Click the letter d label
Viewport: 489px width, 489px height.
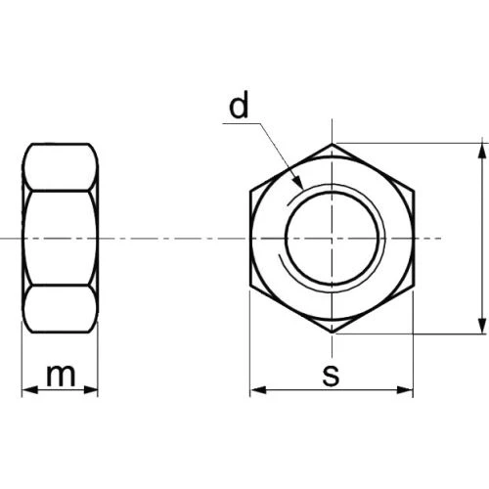coord(239,104)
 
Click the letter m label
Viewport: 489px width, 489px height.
coord(61,376)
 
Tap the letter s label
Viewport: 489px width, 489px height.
coord(331,376)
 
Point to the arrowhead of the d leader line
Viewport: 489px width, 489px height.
coord(299,183)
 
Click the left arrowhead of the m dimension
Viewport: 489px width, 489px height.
coord(29,389)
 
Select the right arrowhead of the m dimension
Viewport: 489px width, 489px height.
coord(90,389)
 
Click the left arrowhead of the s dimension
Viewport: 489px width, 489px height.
coord(258,389)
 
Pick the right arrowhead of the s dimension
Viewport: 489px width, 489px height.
coord(405,389)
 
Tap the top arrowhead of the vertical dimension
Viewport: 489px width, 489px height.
coord(482,152)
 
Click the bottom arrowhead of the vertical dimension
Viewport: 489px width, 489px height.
coord(482,326)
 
